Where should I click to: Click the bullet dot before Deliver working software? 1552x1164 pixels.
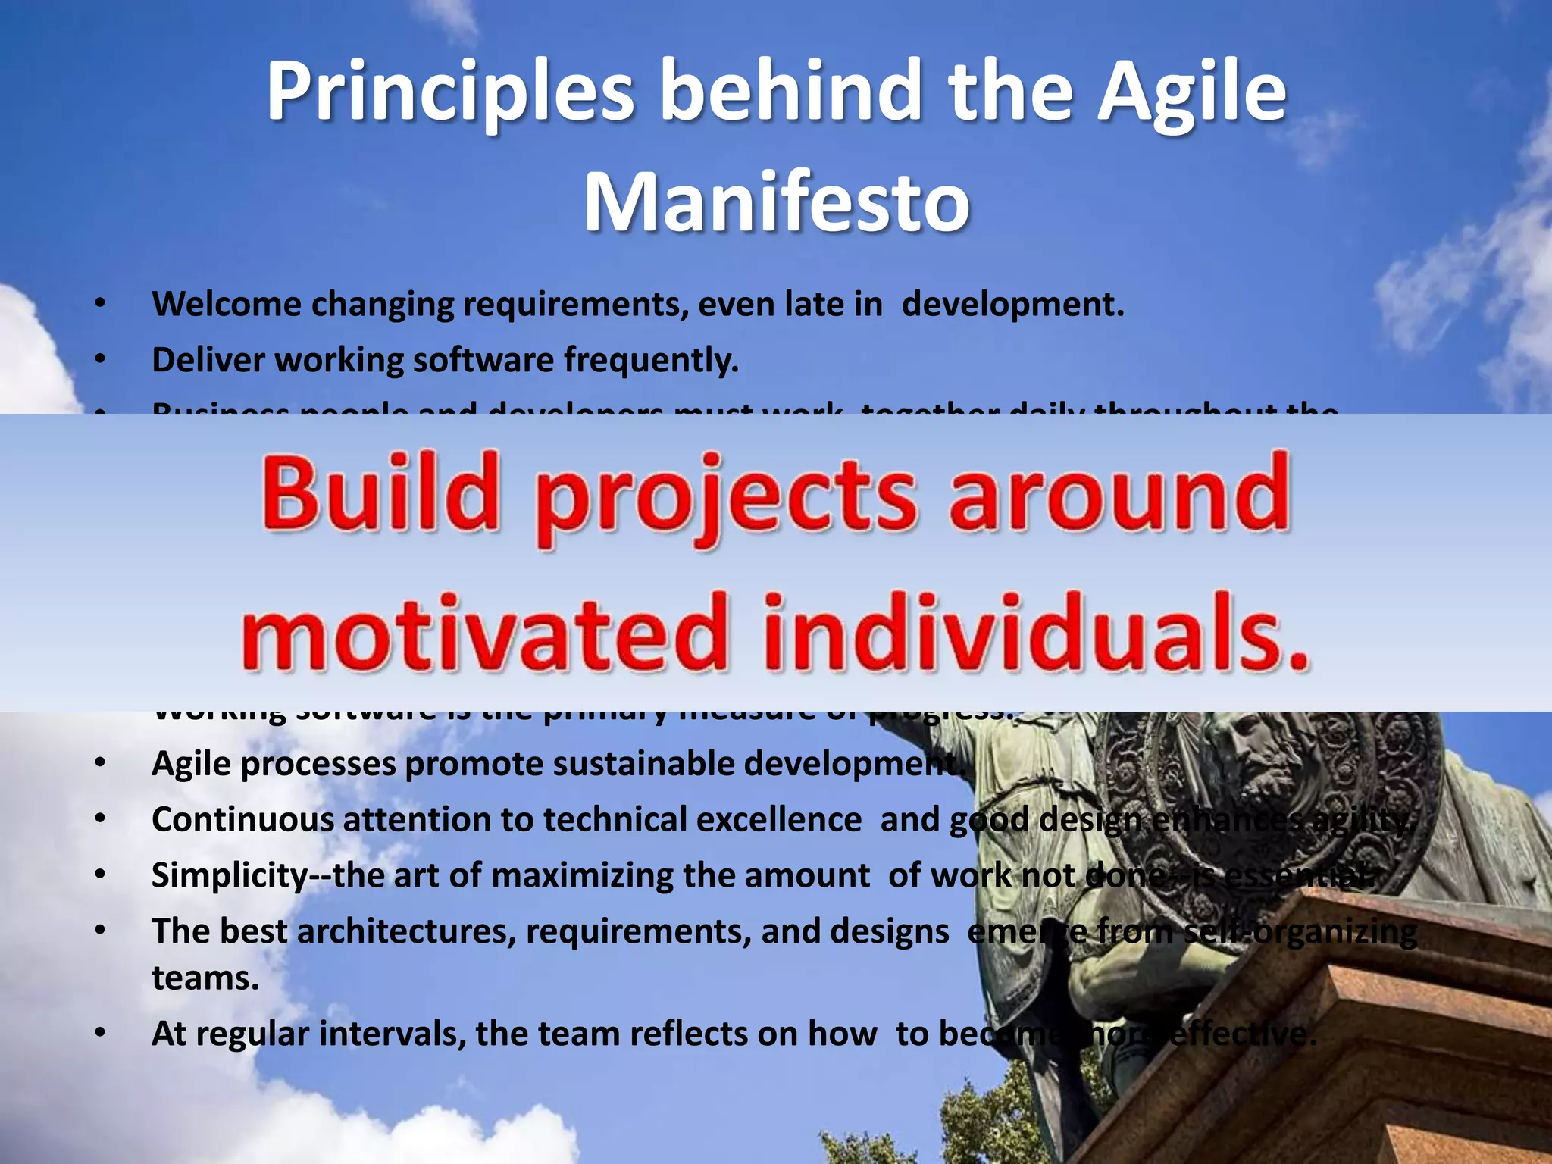click(99, 361)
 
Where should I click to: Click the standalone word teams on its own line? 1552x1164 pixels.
click(205, 978)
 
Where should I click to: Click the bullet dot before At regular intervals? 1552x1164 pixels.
click(99, 1034)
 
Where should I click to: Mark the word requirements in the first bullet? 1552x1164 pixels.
click(575, 305)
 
